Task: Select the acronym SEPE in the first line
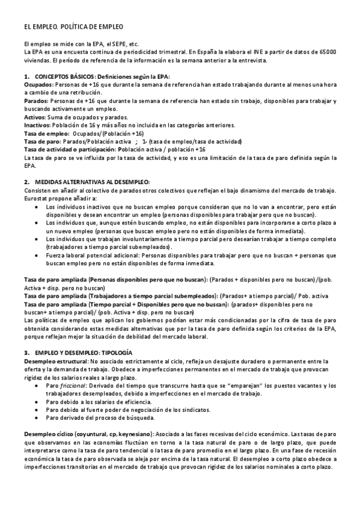point(114,44)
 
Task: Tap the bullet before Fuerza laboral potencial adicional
point(37,255)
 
